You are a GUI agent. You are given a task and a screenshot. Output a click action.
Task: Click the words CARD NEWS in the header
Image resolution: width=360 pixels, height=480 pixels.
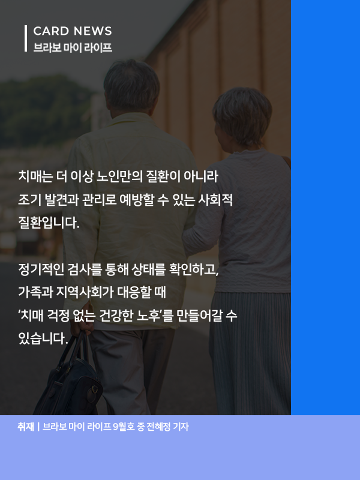point(73,31)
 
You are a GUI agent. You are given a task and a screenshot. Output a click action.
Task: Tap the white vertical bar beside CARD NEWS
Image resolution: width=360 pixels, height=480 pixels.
point(26,38)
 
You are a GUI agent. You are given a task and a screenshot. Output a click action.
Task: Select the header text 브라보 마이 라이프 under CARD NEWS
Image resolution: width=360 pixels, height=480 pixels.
point(73,47)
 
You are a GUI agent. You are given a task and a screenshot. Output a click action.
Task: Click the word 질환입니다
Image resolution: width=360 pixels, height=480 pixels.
point(49,223)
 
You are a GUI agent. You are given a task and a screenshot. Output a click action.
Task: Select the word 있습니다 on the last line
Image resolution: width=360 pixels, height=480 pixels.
point(43,338)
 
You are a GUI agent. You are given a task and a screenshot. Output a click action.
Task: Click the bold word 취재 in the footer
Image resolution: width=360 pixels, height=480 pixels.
point(26,427)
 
